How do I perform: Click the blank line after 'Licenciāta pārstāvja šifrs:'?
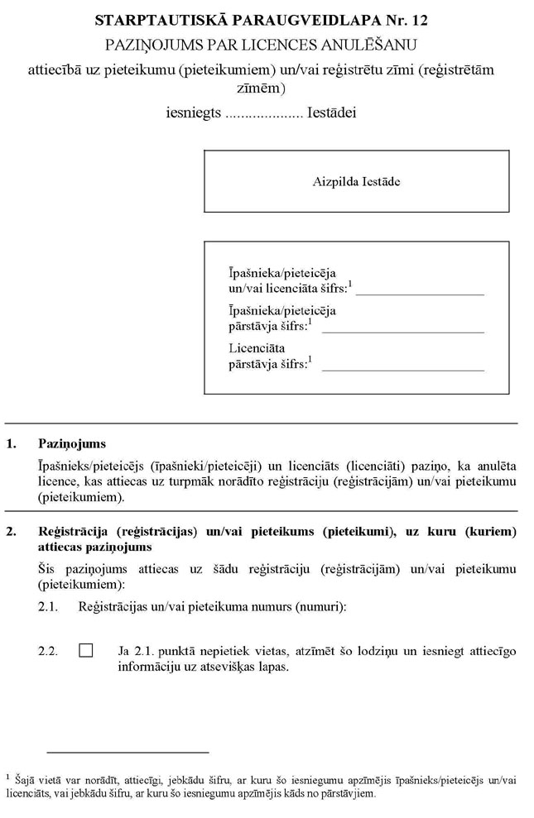(x=402, y=368)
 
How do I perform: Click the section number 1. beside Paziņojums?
(x=12, y=444)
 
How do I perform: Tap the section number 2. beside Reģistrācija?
(x=12, y=531)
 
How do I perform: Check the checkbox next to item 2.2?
(x=86, y=651)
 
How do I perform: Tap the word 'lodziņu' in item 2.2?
(x=336, y=652)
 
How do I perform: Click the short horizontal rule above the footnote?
(x=127, y=753)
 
